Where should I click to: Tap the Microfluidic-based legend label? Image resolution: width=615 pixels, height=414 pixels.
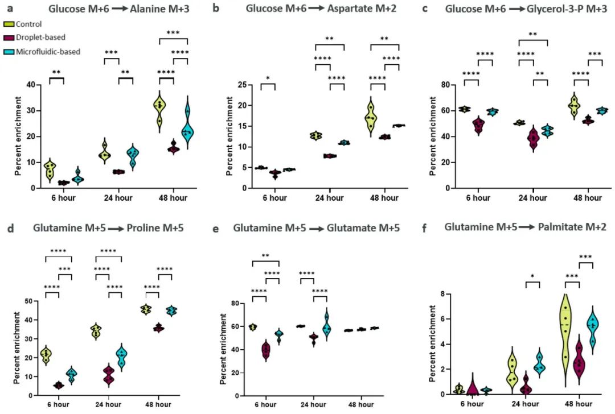click(x=48, y=51)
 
